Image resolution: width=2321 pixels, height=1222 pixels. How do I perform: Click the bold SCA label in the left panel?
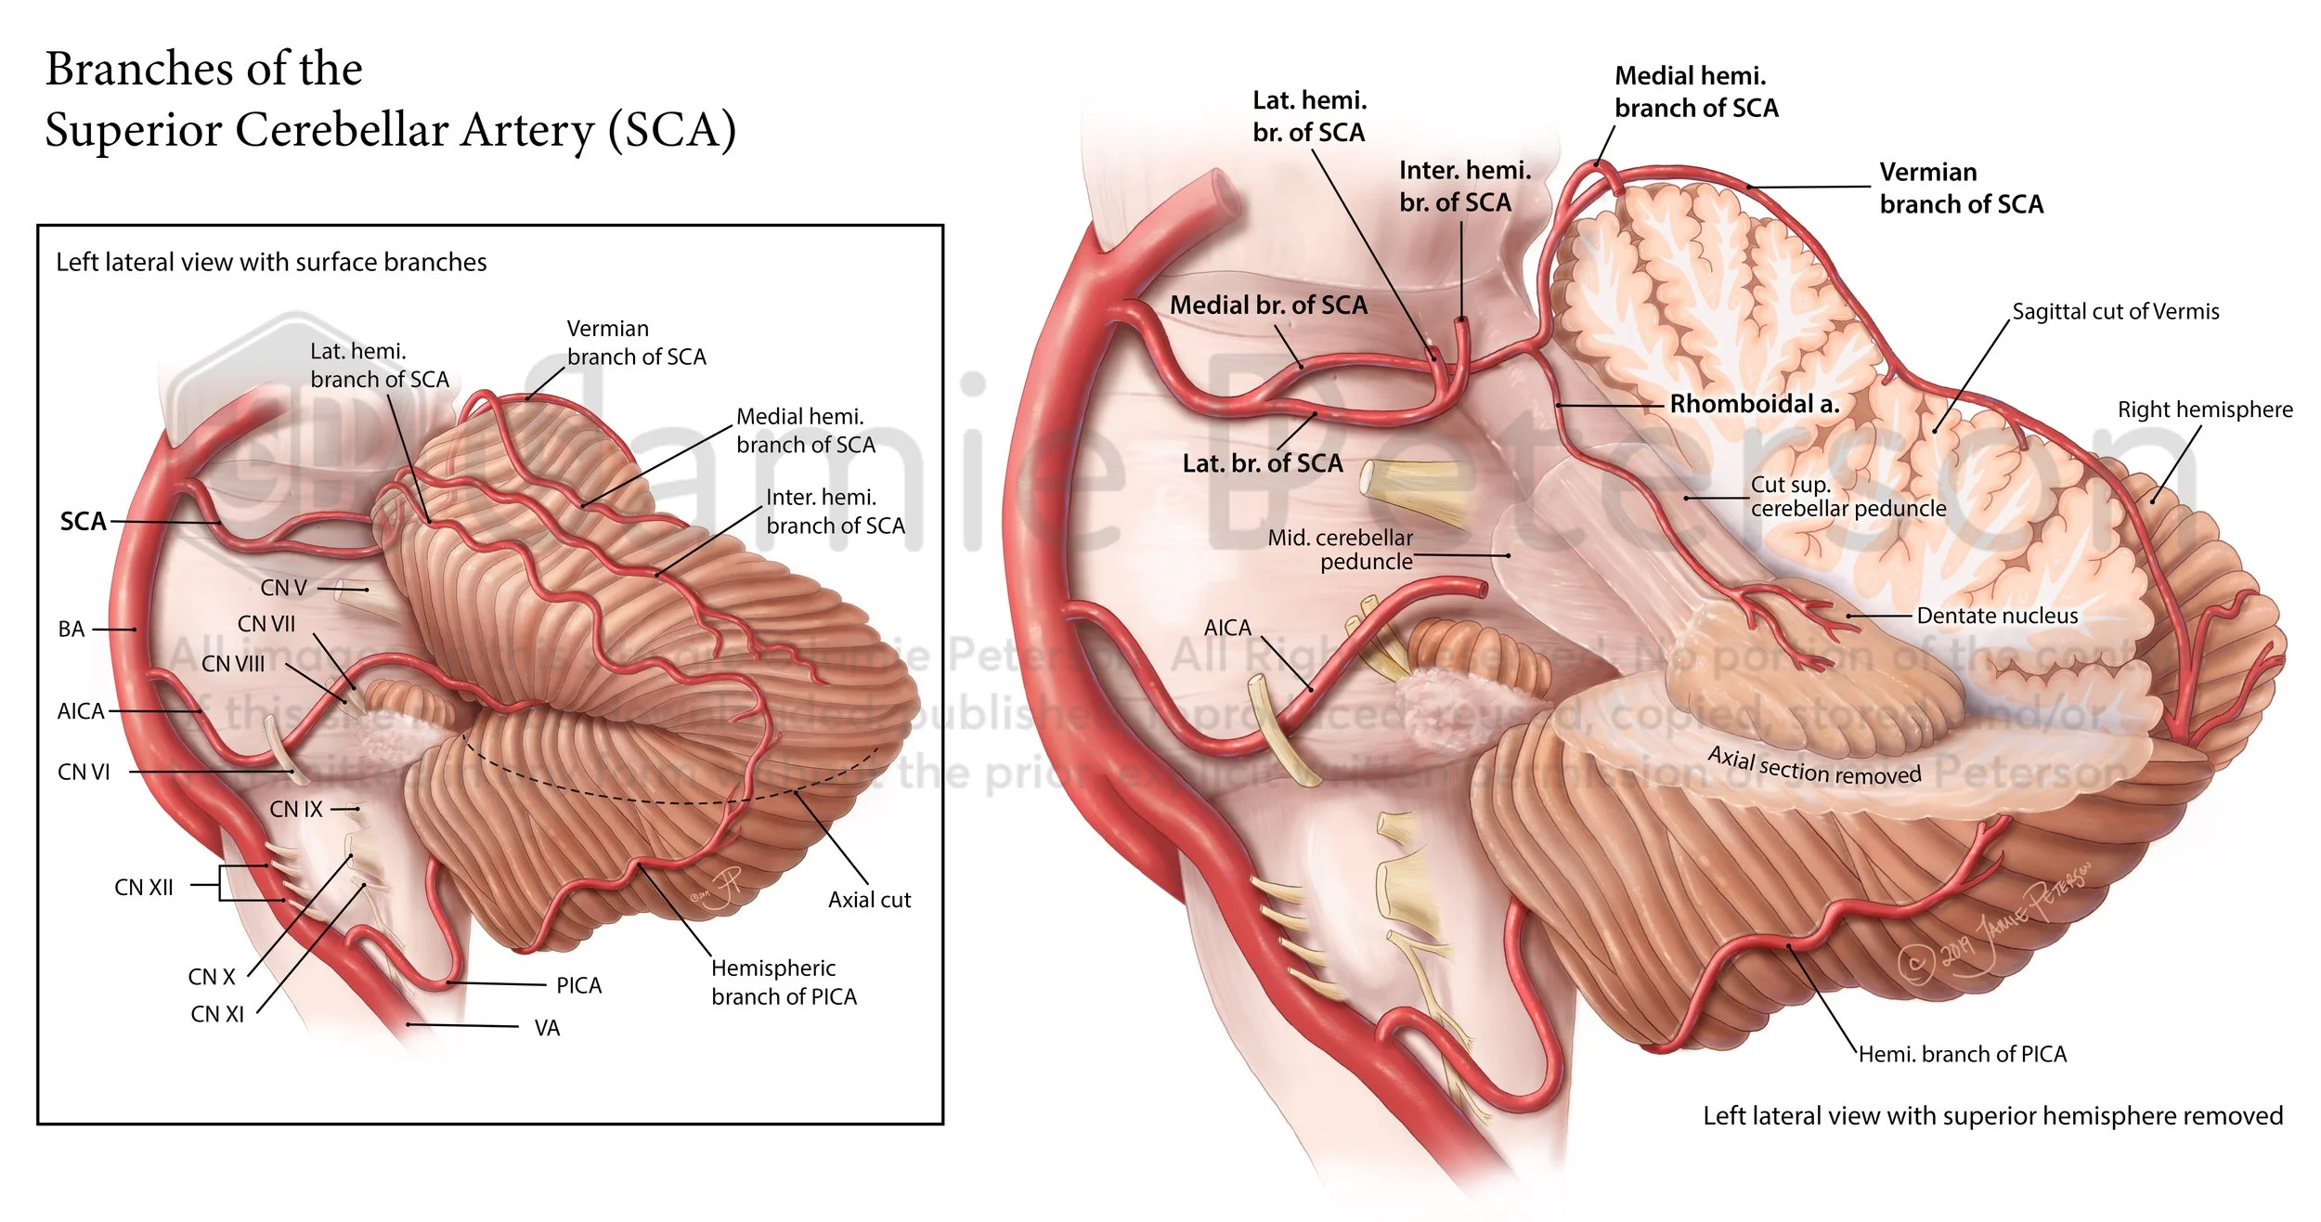tap(83, 522)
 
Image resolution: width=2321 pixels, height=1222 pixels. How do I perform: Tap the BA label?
tap(71, 630)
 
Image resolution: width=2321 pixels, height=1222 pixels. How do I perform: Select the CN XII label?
tap(144, 888)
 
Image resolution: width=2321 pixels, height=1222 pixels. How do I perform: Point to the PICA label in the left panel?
tap(578, 985)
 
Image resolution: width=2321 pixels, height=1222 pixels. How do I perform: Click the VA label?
tap(547, 1028)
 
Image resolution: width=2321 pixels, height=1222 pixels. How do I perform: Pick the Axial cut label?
tap(869, 900)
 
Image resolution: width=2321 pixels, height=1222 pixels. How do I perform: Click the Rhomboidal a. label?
tap(1754, 404)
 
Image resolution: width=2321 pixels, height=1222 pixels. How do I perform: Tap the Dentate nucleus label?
tap(1997, 616)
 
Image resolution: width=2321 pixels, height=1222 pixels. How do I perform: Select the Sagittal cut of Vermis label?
tap(2115, 312)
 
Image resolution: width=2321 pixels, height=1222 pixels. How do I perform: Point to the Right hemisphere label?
tap(2204, 409)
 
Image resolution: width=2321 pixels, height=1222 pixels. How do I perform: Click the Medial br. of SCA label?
tap(1267, 305)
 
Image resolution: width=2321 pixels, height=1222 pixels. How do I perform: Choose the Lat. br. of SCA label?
tap(1262, 463)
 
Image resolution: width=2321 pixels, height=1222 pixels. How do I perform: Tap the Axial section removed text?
tap(1814, 767)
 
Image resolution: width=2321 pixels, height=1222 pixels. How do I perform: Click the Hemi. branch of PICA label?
tap(1962, 1054)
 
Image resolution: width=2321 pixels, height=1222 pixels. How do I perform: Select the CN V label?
tap(283, 588)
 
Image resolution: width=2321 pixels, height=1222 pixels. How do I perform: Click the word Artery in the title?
tap(526, 129)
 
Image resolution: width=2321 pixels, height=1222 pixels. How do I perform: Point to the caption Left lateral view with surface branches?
tap(271, 263)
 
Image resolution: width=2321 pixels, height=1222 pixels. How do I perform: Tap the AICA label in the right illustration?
tap(1226, 629)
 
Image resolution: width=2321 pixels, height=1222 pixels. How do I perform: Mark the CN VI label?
tap(84, 773)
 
